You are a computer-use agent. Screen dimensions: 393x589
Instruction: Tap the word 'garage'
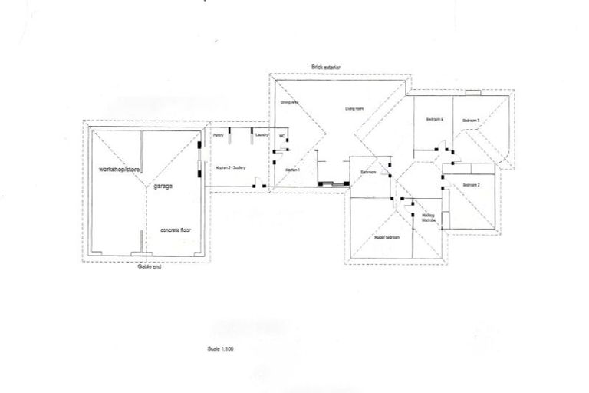[x=162, y=187]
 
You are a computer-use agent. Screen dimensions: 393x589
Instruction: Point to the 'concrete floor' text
[x=175, y=230]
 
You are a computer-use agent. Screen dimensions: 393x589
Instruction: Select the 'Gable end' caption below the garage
[x=149, y=266]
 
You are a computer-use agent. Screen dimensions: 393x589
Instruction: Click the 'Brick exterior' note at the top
[x=327, y=68]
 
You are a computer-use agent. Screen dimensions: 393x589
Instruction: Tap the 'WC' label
[x=282, y=137]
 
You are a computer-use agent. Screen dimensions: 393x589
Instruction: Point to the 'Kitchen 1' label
[x=292, y=170]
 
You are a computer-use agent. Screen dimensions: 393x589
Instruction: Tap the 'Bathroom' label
[x=368, y=172]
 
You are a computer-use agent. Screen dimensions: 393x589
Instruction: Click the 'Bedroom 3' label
[x=470, y=120]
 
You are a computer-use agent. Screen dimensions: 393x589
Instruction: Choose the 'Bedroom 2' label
[x=471, y=185]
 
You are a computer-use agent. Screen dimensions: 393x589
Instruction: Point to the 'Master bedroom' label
[x=387, y=237]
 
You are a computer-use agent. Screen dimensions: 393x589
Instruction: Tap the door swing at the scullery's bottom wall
[x=260, y=184]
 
